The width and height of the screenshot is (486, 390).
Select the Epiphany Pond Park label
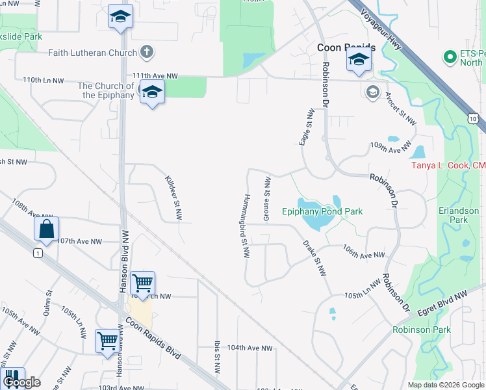322,211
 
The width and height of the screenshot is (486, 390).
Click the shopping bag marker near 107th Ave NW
47,229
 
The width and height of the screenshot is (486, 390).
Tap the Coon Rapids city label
346,48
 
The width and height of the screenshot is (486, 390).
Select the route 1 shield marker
39,253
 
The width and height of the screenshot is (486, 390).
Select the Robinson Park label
422,330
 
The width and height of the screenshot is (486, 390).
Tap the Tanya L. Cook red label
448,165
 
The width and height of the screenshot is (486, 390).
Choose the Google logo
22,383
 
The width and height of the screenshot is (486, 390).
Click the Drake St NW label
314,258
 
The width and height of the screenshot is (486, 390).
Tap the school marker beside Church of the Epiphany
152,93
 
